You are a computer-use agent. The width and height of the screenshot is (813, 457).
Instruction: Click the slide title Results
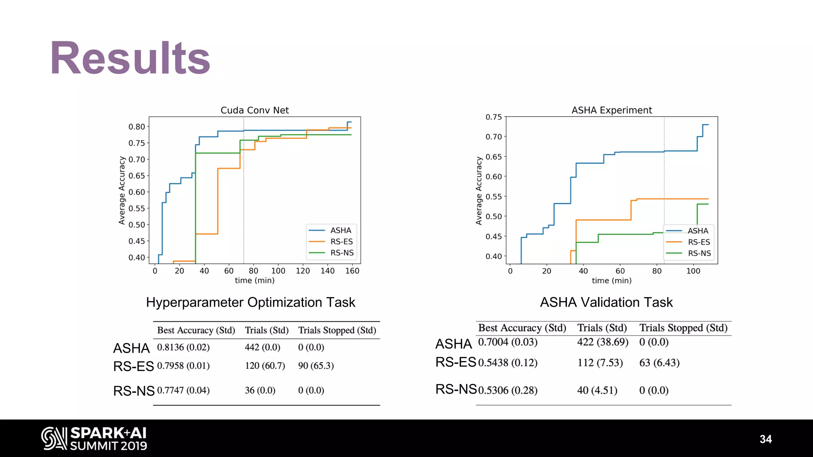click(130, 58)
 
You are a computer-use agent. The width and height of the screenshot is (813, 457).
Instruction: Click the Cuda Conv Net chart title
click(254, 110)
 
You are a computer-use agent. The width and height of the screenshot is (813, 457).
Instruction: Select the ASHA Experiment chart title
click(611, 110)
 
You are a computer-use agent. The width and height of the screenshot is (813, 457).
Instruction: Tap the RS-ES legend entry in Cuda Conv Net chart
click(341, 242)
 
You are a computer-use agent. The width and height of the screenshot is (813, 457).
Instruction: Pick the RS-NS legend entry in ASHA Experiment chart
click(699, 253)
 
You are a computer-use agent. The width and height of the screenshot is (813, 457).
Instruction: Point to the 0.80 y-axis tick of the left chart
click(137, 127)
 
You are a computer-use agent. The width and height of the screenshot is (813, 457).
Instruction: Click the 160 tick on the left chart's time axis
click(352, 271)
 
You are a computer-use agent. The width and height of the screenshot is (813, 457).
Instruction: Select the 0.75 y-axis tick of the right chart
click(493, 117)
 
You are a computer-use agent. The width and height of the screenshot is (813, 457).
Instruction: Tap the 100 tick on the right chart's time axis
click(693, 271)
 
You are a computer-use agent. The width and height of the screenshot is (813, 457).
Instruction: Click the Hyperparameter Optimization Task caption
click(250, 302)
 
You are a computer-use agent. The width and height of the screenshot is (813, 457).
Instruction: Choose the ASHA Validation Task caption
click(606, 302)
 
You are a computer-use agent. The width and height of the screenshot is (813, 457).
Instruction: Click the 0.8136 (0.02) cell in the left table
click(183, 348)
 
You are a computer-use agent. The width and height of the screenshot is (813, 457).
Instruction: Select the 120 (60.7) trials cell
click(265, 366)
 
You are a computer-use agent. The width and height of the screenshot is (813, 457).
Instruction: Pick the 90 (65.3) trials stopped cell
click(316, 366)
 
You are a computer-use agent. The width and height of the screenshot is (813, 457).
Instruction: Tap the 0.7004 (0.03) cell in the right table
click(508, 342)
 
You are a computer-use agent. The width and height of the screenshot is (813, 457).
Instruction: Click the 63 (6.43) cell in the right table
click(659, 363)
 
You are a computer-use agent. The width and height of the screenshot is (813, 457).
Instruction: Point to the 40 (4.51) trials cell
click(597, 390)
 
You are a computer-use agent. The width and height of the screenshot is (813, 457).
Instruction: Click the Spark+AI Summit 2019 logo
click(94, 438)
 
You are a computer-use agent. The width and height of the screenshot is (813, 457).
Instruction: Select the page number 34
click(765, 439)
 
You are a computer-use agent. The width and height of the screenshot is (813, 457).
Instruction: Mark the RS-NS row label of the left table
click(134, 391)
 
